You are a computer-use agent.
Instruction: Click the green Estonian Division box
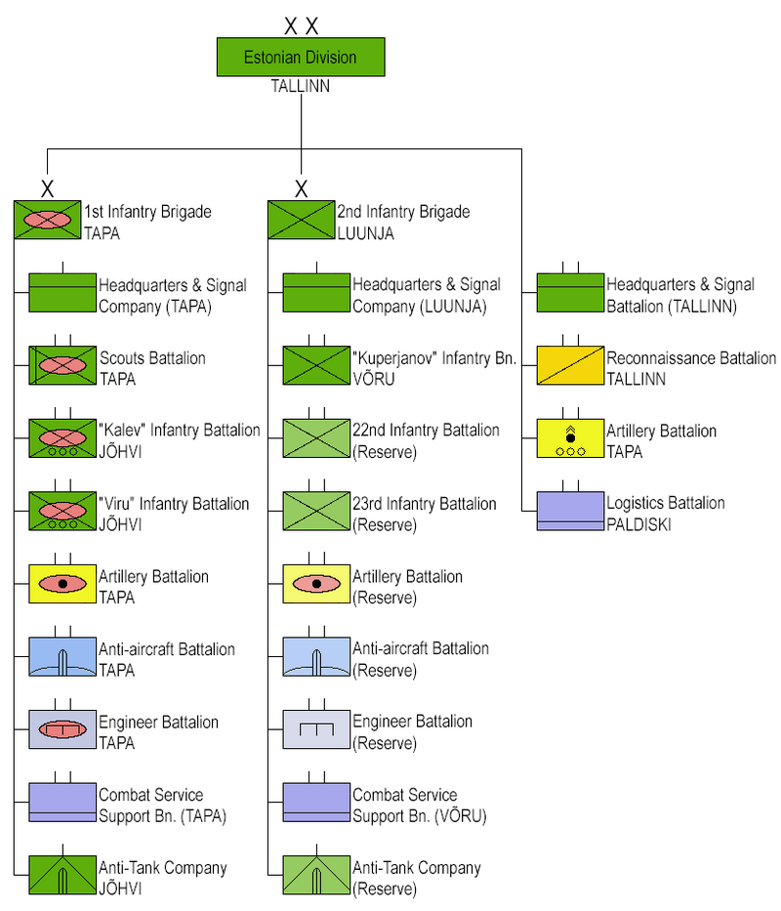click(x=301, y=57)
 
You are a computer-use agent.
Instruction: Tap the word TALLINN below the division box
click(x=301, y=86)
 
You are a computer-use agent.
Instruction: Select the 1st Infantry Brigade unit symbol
click(x=48, y=220)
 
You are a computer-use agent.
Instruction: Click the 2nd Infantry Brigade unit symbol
click(x=301, y=220)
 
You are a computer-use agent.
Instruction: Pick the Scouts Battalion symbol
click(x=62, y=365)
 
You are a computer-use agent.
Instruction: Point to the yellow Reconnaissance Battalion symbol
click(x=570, y=365)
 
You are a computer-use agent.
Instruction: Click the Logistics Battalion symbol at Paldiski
click(x=570, y=512)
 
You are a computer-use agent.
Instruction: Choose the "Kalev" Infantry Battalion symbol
click(x=62, y=438)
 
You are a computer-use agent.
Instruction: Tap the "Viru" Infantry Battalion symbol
click(x=62, y=512)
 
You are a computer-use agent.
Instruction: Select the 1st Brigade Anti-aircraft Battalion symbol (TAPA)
click(x=62, y=656)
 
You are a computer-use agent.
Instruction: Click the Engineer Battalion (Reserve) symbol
click(x=316, y=729)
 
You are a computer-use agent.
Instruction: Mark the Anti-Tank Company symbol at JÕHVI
click(x=62, y=875)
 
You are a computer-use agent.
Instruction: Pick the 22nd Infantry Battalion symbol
click(x=316, y=438)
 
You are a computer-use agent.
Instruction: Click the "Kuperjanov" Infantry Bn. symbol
click(x=316, y=365)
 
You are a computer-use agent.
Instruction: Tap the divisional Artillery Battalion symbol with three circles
click(x=570, y=438)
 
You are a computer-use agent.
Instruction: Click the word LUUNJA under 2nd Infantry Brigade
click(x=365, y=233)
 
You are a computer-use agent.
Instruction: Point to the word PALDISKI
click(x=638, y=524)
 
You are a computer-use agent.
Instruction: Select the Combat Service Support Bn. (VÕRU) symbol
click(x=316, y=803)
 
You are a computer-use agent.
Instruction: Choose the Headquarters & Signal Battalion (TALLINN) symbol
click(x=570, y=293)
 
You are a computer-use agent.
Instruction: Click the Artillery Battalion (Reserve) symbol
click(x=316, y=583)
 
